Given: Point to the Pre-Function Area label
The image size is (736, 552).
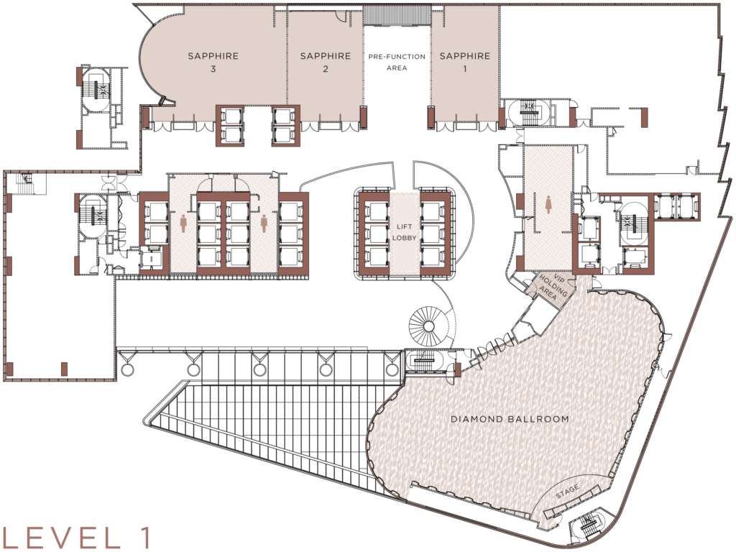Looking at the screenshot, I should click(x=397, y=62).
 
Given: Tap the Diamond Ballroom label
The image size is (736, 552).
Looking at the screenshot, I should click(x=510, y=418).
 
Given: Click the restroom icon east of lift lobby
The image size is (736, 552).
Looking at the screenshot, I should click(x=550, y=205).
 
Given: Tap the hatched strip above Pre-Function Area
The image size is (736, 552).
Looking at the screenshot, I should click(x=397, y=14).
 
